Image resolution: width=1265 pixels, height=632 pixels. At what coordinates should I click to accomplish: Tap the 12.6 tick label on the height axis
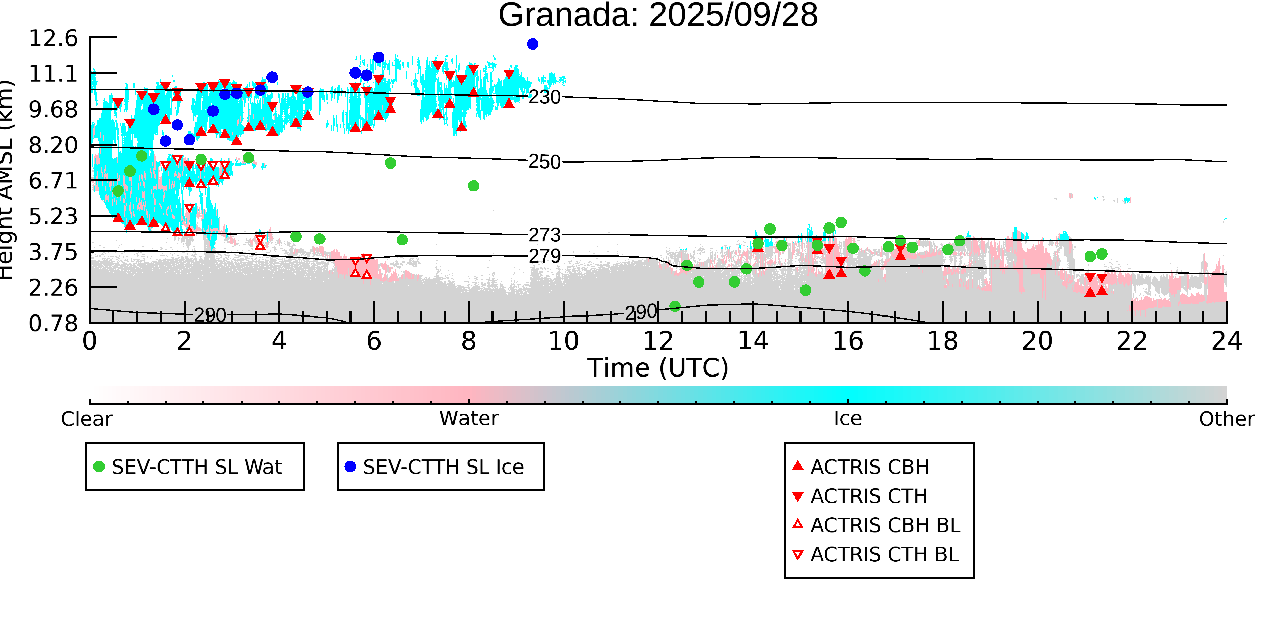click(x=53, y=38)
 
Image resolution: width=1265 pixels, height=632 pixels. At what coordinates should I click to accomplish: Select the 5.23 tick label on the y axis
click(x=53, y=216)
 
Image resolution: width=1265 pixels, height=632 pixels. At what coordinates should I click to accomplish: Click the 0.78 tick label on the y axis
click(x=53, y=323)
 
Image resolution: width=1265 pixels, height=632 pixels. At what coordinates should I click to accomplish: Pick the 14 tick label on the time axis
click(x=753, y=341)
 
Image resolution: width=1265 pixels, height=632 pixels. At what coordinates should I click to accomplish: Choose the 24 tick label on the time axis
click(x=1226, y=341)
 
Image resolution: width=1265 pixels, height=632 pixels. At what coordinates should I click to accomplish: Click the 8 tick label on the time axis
click(x=469, y=341)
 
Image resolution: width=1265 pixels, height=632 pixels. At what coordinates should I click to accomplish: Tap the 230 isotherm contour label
click(x=544, y=97)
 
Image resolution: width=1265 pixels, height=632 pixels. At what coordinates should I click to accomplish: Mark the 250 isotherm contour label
click(x=544, y=162)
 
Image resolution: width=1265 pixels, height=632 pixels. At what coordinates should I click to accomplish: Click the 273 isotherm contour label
click(x=544, y=235)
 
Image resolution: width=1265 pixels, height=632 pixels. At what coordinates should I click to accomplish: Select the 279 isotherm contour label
click(x=544, y=256)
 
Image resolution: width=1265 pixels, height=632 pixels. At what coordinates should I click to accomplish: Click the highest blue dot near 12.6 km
click(x=532, y=44)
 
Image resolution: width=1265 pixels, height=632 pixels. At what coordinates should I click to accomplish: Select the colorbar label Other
click(x=1226, y=419)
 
